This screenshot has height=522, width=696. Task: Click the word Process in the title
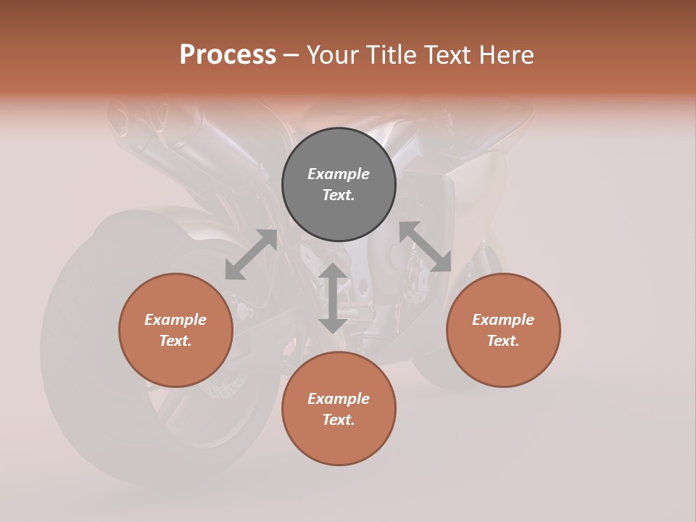coord(228,55)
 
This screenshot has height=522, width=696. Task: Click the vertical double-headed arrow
coord(333,298)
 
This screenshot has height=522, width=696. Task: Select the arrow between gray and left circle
coord(251,254)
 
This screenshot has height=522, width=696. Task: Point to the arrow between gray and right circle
coord(425,247)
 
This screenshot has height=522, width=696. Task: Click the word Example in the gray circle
coord(339,174)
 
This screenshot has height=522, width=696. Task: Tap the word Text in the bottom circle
coord(339,420)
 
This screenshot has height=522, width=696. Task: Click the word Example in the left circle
coord(175,320)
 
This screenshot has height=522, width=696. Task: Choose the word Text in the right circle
coord(503,341)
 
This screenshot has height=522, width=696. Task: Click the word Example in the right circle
coord(503,320)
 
